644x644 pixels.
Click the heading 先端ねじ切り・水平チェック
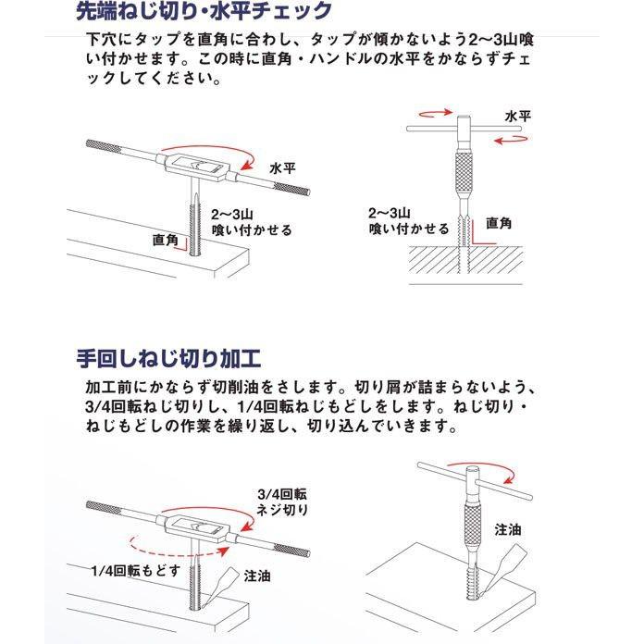(203, 12)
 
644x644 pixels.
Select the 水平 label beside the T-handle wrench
(518, 118)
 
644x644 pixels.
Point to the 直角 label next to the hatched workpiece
(501, 223)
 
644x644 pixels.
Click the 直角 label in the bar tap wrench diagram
(166, 239)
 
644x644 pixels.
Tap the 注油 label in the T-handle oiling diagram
(508, 530)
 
